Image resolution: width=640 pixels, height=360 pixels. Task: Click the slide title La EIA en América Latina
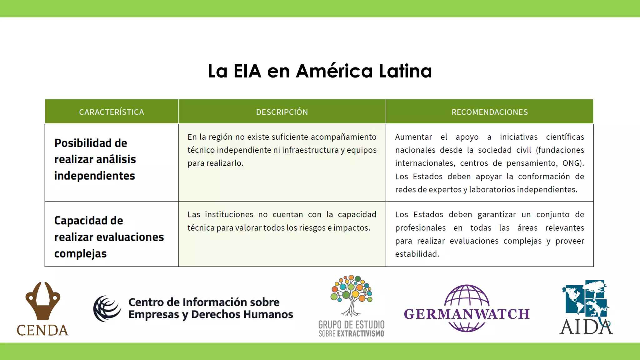[x=320, y=71]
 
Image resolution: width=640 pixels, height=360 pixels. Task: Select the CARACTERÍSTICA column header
[x=112, y=112]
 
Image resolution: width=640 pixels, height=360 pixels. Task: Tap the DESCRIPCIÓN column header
[x=282, y=112]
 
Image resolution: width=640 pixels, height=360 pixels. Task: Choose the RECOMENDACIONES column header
[x=489, y=112]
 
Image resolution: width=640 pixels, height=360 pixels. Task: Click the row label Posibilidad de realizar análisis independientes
[x=95, y=159]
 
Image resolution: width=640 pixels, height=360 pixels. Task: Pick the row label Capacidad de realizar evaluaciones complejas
[x=109, y=237]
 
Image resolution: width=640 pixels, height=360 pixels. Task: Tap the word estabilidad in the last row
[x=417, y=254]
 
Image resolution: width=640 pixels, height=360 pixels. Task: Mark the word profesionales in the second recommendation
[x=420, y=228]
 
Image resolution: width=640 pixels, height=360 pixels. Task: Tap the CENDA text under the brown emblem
[x=42, y=330]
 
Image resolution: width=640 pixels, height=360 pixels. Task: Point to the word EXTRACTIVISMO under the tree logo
[x=361, y=334]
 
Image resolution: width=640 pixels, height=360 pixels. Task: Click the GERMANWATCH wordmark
[x=467, y=314]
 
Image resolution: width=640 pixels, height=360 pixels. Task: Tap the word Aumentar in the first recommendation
[x=413, y=137]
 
